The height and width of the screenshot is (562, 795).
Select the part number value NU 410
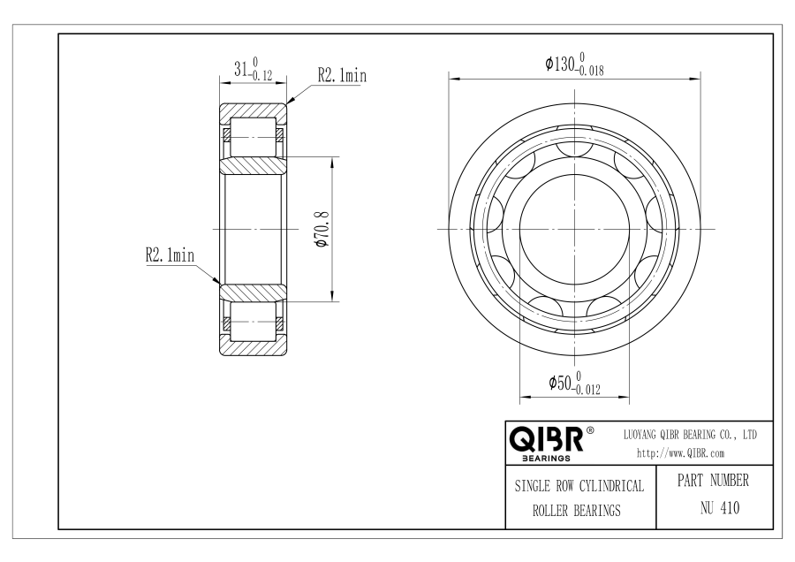pyautogui.click(x=720, y=507)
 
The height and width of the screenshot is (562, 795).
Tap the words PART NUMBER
pyautogui.click(x=713, y=480)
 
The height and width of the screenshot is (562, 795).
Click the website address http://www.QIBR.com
pyautogui.click(x=680, y=453)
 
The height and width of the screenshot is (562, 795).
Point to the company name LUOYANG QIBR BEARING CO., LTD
pyautogui.click(x=690, y=435)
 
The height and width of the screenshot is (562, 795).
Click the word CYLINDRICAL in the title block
pyautogui.click(x=611, y=486)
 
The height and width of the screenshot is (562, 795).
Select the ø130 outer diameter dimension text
pyautogui.click(x=560, y=64)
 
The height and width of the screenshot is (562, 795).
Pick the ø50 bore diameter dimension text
pyautogui.click(x=560, y=383)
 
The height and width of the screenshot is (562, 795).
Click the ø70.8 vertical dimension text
pyautogui.click(x=322, y=229)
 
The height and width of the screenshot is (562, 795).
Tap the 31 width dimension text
pyautogui.click(x=241, y=68)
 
